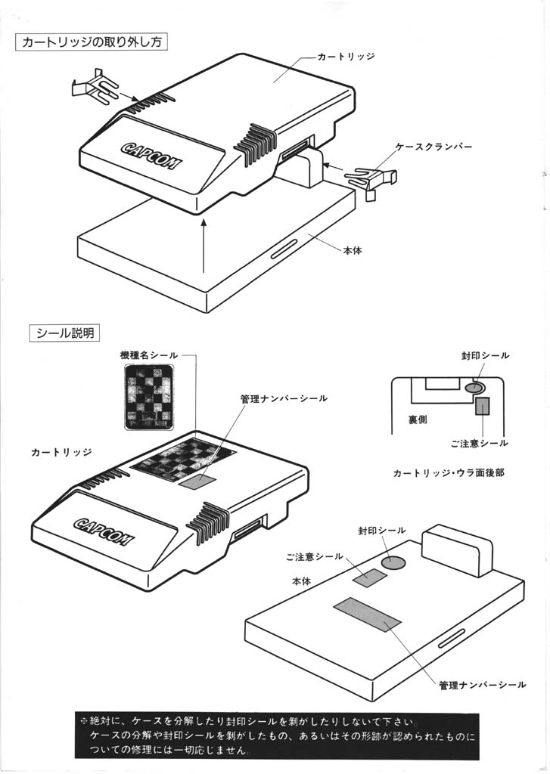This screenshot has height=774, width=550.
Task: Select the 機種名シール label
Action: (x=149, y=355)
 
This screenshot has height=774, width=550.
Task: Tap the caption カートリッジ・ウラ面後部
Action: (x=449, y=473)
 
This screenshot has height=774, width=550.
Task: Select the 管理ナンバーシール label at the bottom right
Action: (x=482, y=685)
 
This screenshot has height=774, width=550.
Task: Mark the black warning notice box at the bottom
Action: (x=276, y=735)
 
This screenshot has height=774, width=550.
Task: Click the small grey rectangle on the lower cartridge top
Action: (x=195, y=481)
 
